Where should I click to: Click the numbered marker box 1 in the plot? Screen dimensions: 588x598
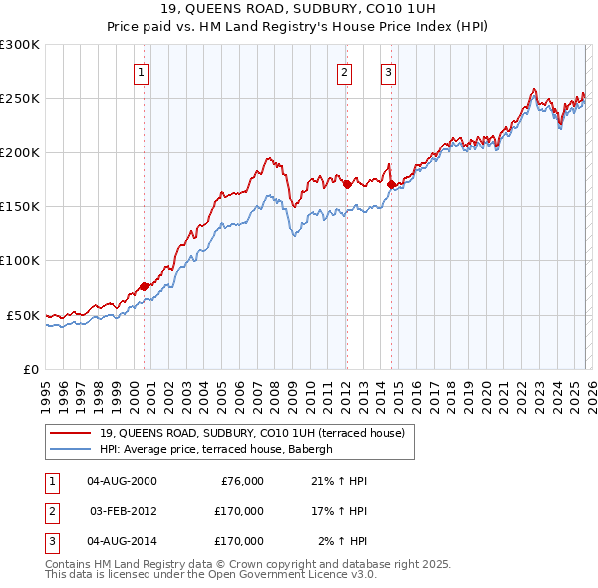point(142,72)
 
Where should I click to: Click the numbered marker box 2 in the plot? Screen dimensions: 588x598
point(344,72)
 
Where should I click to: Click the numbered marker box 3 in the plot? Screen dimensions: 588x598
point(388,72)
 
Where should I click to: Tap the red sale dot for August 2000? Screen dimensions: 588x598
point(144,286)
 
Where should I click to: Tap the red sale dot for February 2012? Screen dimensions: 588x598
point(347,184)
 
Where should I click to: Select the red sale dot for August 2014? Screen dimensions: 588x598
point(391,184)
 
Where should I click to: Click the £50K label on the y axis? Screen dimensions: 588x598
point(23,315)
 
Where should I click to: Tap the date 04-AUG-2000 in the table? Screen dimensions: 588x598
point(122,481)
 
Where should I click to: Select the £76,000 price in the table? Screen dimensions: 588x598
point(239,481)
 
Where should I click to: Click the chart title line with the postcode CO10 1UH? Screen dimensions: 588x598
point(298,13)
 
